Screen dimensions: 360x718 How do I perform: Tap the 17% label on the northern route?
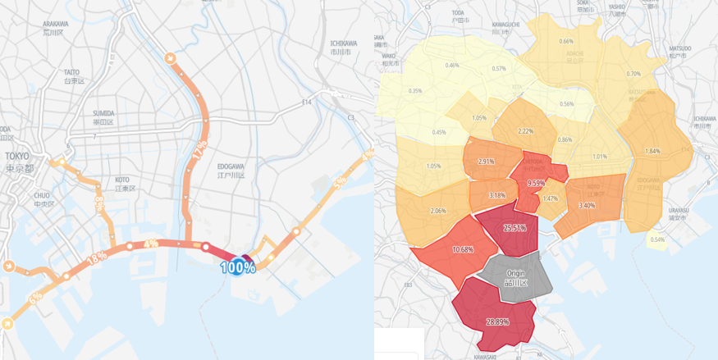pyautogui.click(x=199, y=151)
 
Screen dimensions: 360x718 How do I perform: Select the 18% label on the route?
pyautogui.click(x=97, y=257)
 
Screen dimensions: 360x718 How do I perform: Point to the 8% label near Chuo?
pyautogui.click(x=98, y=204)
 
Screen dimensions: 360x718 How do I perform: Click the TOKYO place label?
pyautogui.click(x=16, y=156)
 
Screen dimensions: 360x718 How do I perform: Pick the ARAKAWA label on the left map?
pyautogui.click(x=56, y=25)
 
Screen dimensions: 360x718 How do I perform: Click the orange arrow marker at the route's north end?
pyautogui.click(x=170, y=58)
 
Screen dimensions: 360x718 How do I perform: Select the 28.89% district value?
pyautogui.click(x=496, y=321)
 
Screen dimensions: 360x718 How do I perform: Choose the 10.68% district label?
pyautogui.click(x=462, y=249)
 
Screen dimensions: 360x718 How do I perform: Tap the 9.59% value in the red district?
pyautogui.click(x=536, y=184)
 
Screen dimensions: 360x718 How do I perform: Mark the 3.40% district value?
pyautogui.click(x=586, y=205)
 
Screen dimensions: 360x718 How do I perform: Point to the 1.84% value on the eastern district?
pyautogui.click(x=652, y=151)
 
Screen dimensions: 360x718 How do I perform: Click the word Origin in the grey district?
pyautogui.click(x=515, y=273)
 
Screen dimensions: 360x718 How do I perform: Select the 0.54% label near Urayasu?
pyautogui.click(x=657, y=239)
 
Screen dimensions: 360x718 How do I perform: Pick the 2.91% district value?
pyautogui.click(x=486, y=162)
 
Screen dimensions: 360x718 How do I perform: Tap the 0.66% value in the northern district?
pyautogui.click(x=566, y=42)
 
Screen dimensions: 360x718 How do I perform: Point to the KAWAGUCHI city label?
pyautogui.click(x=505, y=25)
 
